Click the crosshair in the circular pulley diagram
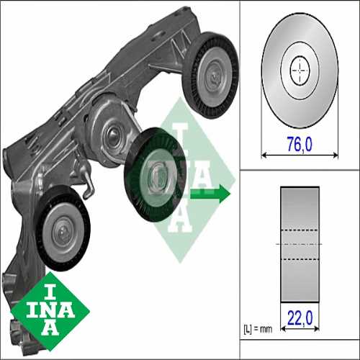pyautogui.click(x=299, y=70)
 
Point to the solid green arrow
pyautogui.click(x=215, y=193)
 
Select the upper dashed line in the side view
pyautogui.click(x=299, y=230)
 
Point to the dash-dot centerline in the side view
pyautogui.click(x=299, y=244)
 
